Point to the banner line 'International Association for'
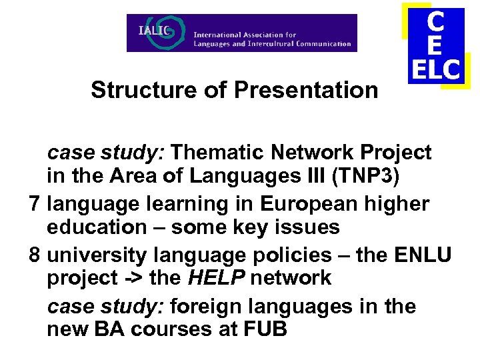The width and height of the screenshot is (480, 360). pyautogui.click(x=245, y=35)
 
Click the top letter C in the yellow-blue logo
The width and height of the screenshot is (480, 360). pyautogui.click(x=435, y=22)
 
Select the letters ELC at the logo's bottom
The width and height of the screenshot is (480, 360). pyautogui.click(x=435, y=69)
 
